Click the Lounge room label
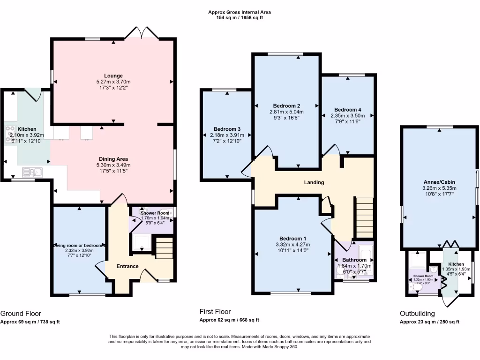(x=113, y=75)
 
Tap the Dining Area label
(x=113, y=159)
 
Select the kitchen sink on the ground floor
(x=32, y=172)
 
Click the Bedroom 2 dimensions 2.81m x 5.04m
(x=286, y=112)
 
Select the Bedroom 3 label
(x=227, y=129)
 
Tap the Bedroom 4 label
(x=347, y=109)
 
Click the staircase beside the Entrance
(x=165, y=247)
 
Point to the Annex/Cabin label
(x=439, y=182)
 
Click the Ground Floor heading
(x=21, y=314)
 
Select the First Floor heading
(x=215, y=312)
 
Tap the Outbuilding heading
(x=417, y=314)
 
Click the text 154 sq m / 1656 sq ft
(x=240, y=17)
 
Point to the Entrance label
(x=127, y=266)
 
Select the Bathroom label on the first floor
(x=354, y=260)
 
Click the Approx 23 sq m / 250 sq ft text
(x=429, y=322)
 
